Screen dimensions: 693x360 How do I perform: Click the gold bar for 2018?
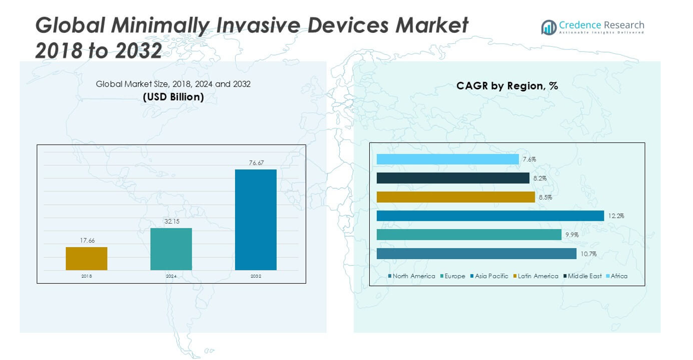87,259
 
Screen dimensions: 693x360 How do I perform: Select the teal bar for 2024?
171,249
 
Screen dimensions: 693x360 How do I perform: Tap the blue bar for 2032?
255,220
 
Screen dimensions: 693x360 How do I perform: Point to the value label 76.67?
256,163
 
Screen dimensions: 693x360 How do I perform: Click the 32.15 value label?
171,221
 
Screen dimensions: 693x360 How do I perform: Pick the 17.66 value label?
87,241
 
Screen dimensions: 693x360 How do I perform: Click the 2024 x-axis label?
171,276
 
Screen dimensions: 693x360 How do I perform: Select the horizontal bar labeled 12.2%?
490,216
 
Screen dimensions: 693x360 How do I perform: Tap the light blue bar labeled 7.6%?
448,159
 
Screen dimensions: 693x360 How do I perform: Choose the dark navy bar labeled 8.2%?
453,178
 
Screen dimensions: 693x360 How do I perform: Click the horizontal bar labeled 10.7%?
477,254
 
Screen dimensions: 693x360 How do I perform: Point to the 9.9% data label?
572,235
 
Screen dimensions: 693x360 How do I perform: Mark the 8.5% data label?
545,197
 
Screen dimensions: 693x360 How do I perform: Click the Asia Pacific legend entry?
489,276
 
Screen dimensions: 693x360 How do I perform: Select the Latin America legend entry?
536,276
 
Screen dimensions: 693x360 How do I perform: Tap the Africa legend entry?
617,276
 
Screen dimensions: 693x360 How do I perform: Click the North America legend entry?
411,276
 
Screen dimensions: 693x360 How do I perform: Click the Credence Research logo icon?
548,27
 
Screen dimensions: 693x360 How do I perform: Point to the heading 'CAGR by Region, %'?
507,85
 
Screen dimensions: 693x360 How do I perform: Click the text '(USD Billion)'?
173,97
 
